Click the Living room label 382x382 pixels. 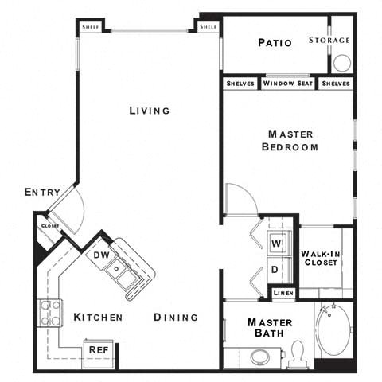pos(150,111)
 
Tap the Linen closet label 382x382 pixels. pos(283,294)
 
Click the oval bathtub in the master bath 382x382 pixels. pos(332,333)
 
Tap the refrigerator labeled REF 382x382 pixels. pos(99,349)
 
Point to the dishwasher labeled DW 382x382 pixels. pos(101,255)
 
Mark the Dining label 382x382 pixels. pos(175,318)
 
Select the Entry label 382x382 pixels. pos(41,192)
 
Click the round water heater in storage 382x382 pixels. pos(342,63)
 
